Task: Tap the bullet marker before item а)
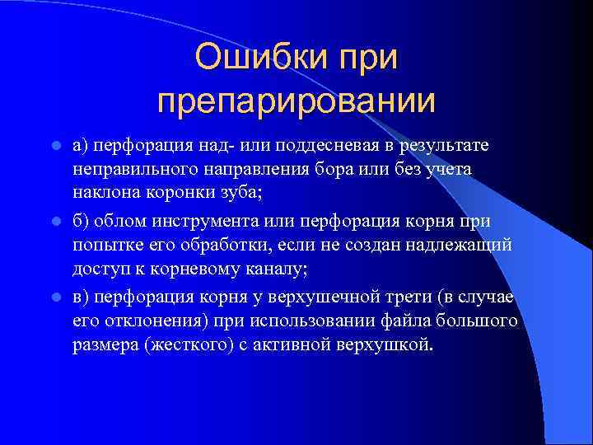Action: (x=55, y=146)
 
